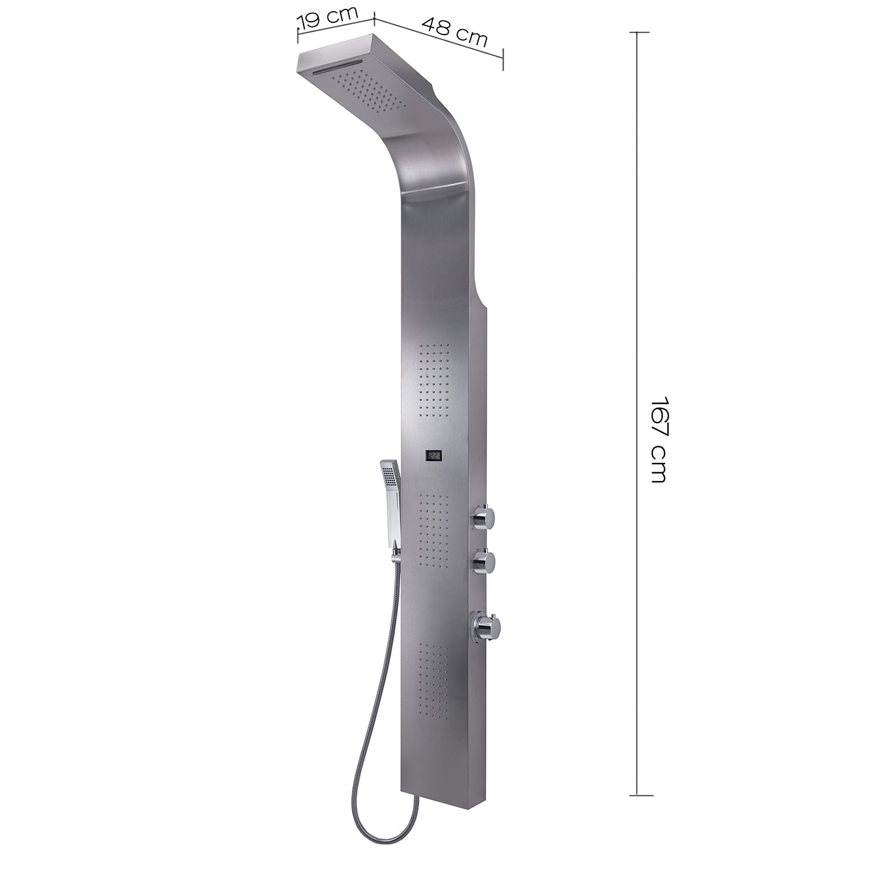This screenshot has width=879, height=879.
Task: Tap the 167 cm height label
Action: point(659,440)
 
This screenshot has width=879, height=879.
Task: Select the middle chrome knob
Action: point(485,561)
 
